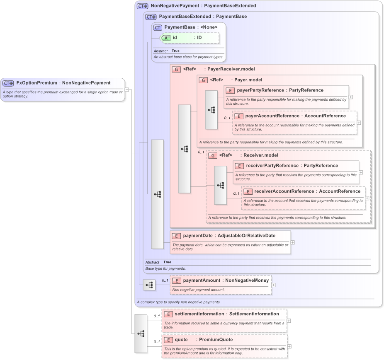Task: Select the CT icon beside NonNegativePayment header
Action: tap(143, 6)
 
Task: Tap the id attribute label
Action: tap(175, 37)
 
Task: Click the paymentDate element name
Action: tap(198, 236)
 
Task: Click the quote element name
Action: tap(181, 340)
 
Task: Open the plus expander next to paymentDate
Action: tap(293, 242)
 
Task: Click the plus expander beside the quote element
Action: tap(289, 346)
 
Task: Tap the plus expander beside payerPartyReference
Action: tap(351, 97)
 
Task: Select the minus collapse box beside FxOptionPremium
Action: tap(127, 89)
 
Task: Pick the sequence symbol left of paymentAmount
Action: tap(149, 285)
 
